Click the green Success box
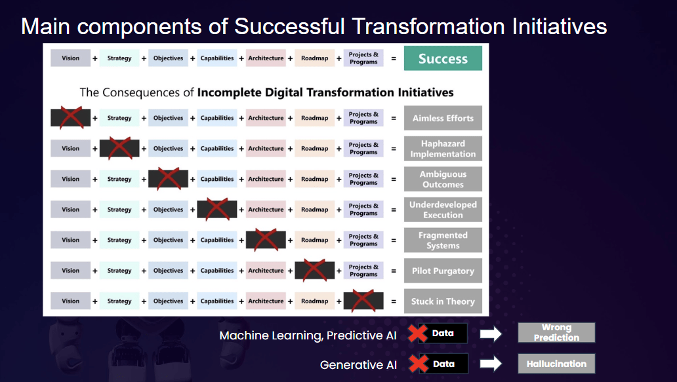click(x=443, y=58)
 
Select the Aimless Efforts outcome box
click(x=443, y=118)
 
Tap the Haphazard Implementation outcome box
click(x=443, y=149)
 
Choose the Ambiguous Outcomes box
click(x=443, y=179)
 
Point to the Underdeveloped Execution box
click(x=443, y=210)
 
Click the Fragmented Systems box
click(x=443, y=240)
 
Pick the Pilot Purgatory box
click(x=443, y=271)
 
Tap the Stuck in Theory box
click(x=443, y=301)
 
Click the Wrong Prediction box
click(x=556, y=332)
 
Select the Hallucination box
click(x=556, y=364)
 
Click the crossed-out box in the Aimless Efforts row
click(x=71, y=118)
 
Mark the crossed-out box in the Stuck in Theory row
click(x=363, y=301)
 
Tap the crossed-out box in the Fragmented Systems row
click(x=266, y=240)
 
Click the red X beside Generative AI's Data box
click(x=419, y=364)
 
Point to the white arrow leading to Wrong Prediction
click(x=491, y=334)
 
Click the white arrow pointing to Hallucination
click(x=491, y=364)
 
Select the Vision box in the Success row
click(x=71, y=58)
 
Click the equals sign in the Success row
click(x=394, y=58)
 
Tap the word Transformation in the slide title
click(x=428, y=27)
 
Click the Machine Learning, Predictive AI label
click(x=308, y=335)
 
